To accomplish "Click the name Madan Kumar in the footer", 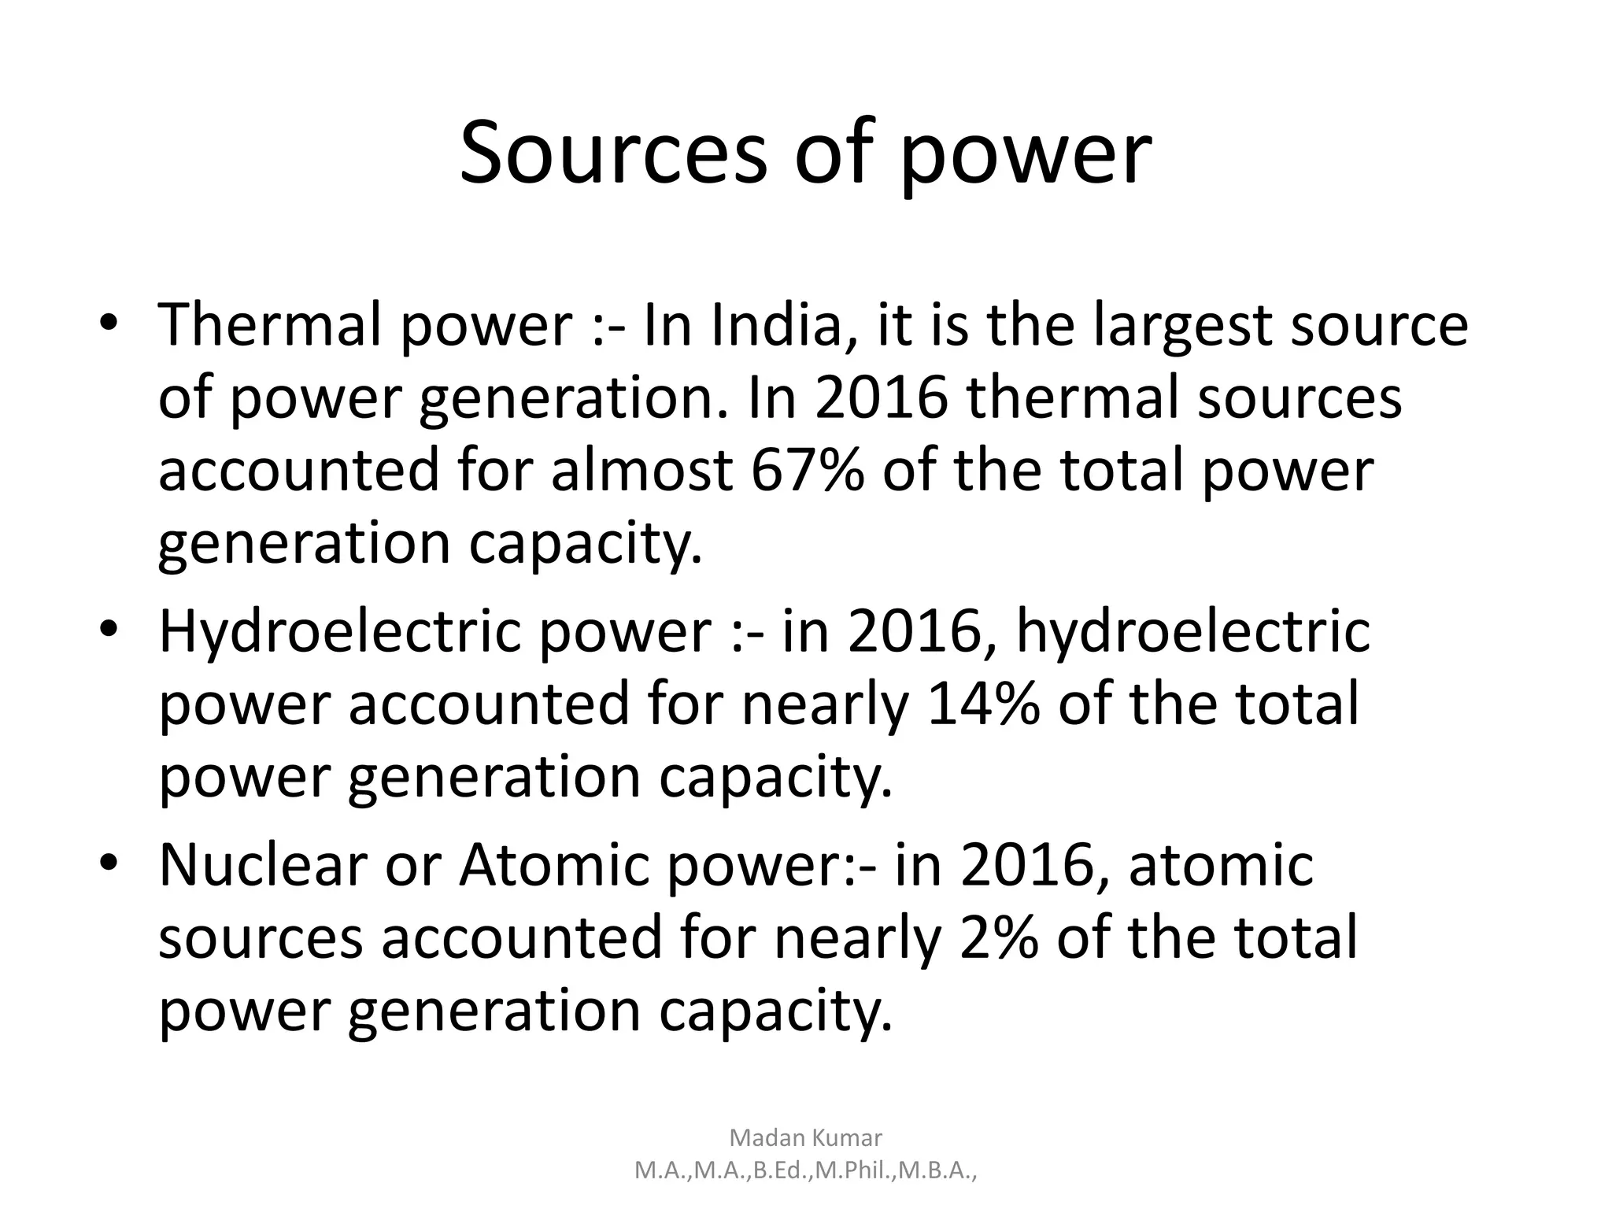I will point(806,1137).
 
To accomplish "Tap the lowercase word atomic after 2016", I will point(1222,865).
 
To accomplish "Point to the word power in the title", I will point(1025,156).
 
